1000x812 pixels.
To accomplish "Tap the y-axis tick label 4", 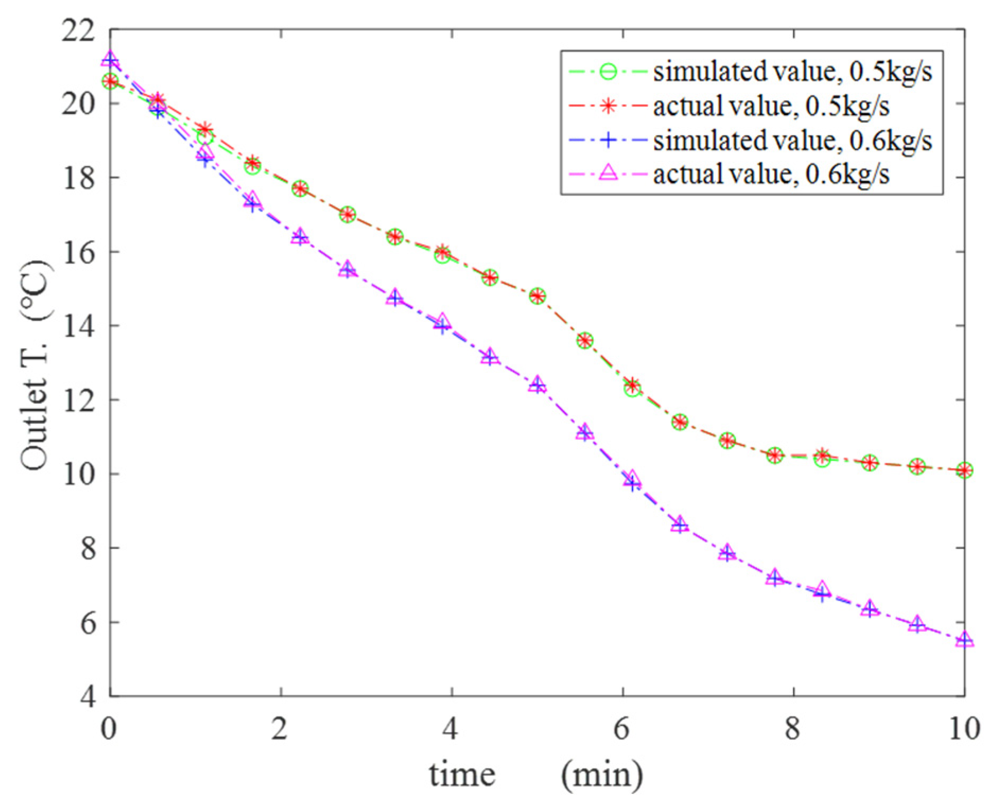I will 88,696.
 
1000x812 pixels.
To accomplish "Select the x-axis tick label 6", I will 621,729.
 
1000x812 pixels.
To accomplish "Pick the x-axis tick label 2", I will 280,729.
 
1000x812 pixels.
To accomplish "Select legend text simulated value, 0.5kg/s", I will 792,72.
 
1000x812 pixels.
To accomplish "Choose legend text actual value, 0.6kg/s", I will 771,174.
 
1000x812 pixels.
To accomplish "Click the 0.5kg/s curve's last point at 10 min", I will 964,470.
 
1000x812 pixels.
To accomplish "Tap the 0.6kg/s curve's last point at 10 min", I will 964,640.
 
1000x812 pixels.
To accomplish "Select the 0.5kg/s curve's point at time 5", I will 537,296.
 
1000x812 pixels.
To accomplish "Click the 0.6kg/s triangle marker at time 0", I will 110,58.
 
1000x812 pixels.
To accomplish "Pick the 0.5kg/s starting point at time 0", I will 110,82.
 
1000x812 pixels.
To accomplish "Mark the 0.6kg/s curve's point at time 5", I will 537,385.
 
